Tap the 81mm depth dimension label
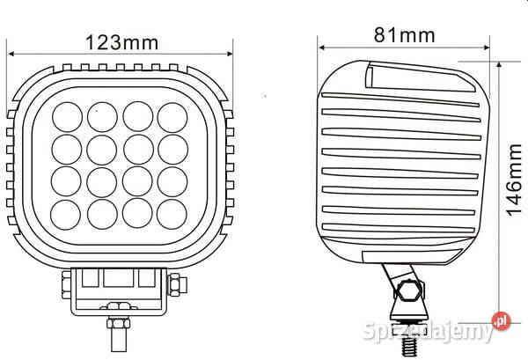click(x=404, y=35)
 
